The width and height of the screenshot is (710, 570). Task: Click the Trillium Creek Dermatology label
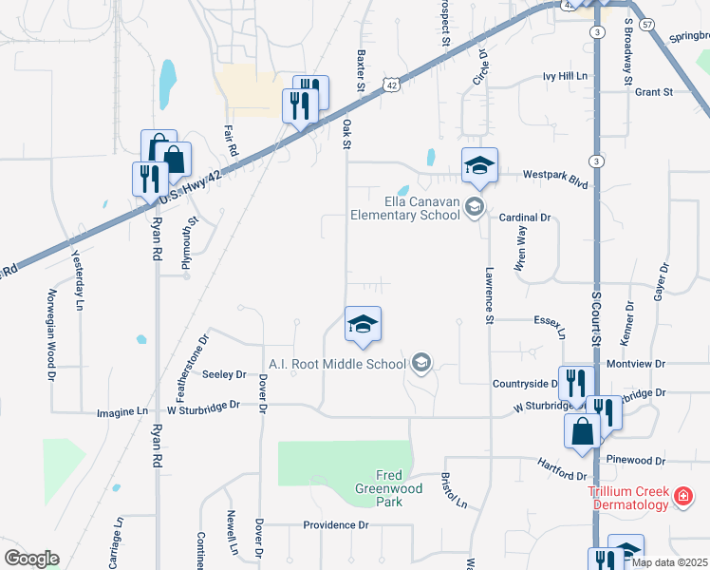[628, 498]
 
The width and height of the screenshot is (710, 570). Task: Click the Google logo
[31, 559]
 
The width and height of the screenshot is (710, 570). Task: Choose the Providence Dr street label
[335, 525]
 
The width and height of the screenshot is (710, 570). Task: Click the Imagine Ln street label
[122, 412]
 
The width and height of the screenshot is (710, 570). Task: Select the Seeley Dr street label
[224, 375]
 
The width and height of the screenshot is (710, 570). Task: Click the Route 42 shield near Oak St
[390, 85]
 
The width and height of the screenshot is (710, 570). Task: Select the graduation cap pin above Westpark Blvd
[479, 166]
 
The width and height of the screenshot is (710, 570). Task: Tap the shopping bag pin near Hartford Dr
[582, 430]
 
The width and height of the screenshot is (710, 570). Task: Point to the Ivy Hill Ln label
[566, 76]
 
